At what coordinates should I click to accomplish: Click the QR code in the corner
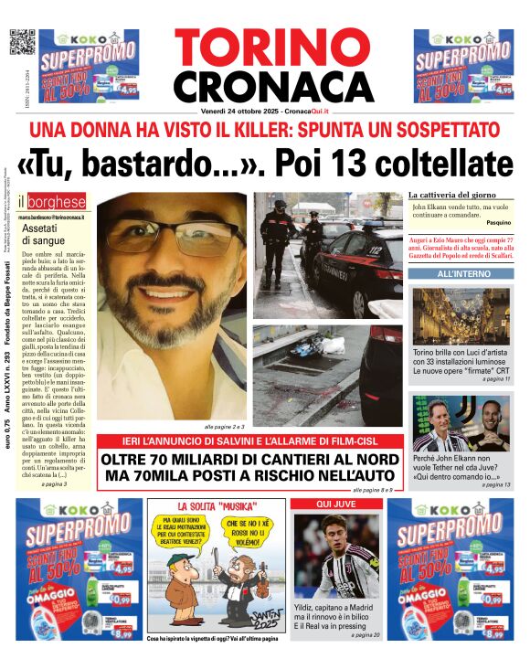pos(22,43)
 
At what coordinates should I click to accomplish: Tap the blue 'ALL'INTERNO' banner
pos(462,273)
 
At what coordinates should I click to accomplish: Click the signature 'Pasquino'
pos(497,223)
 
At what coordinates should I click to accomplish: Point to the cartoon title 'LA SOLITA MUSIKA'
pos(216,506)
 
